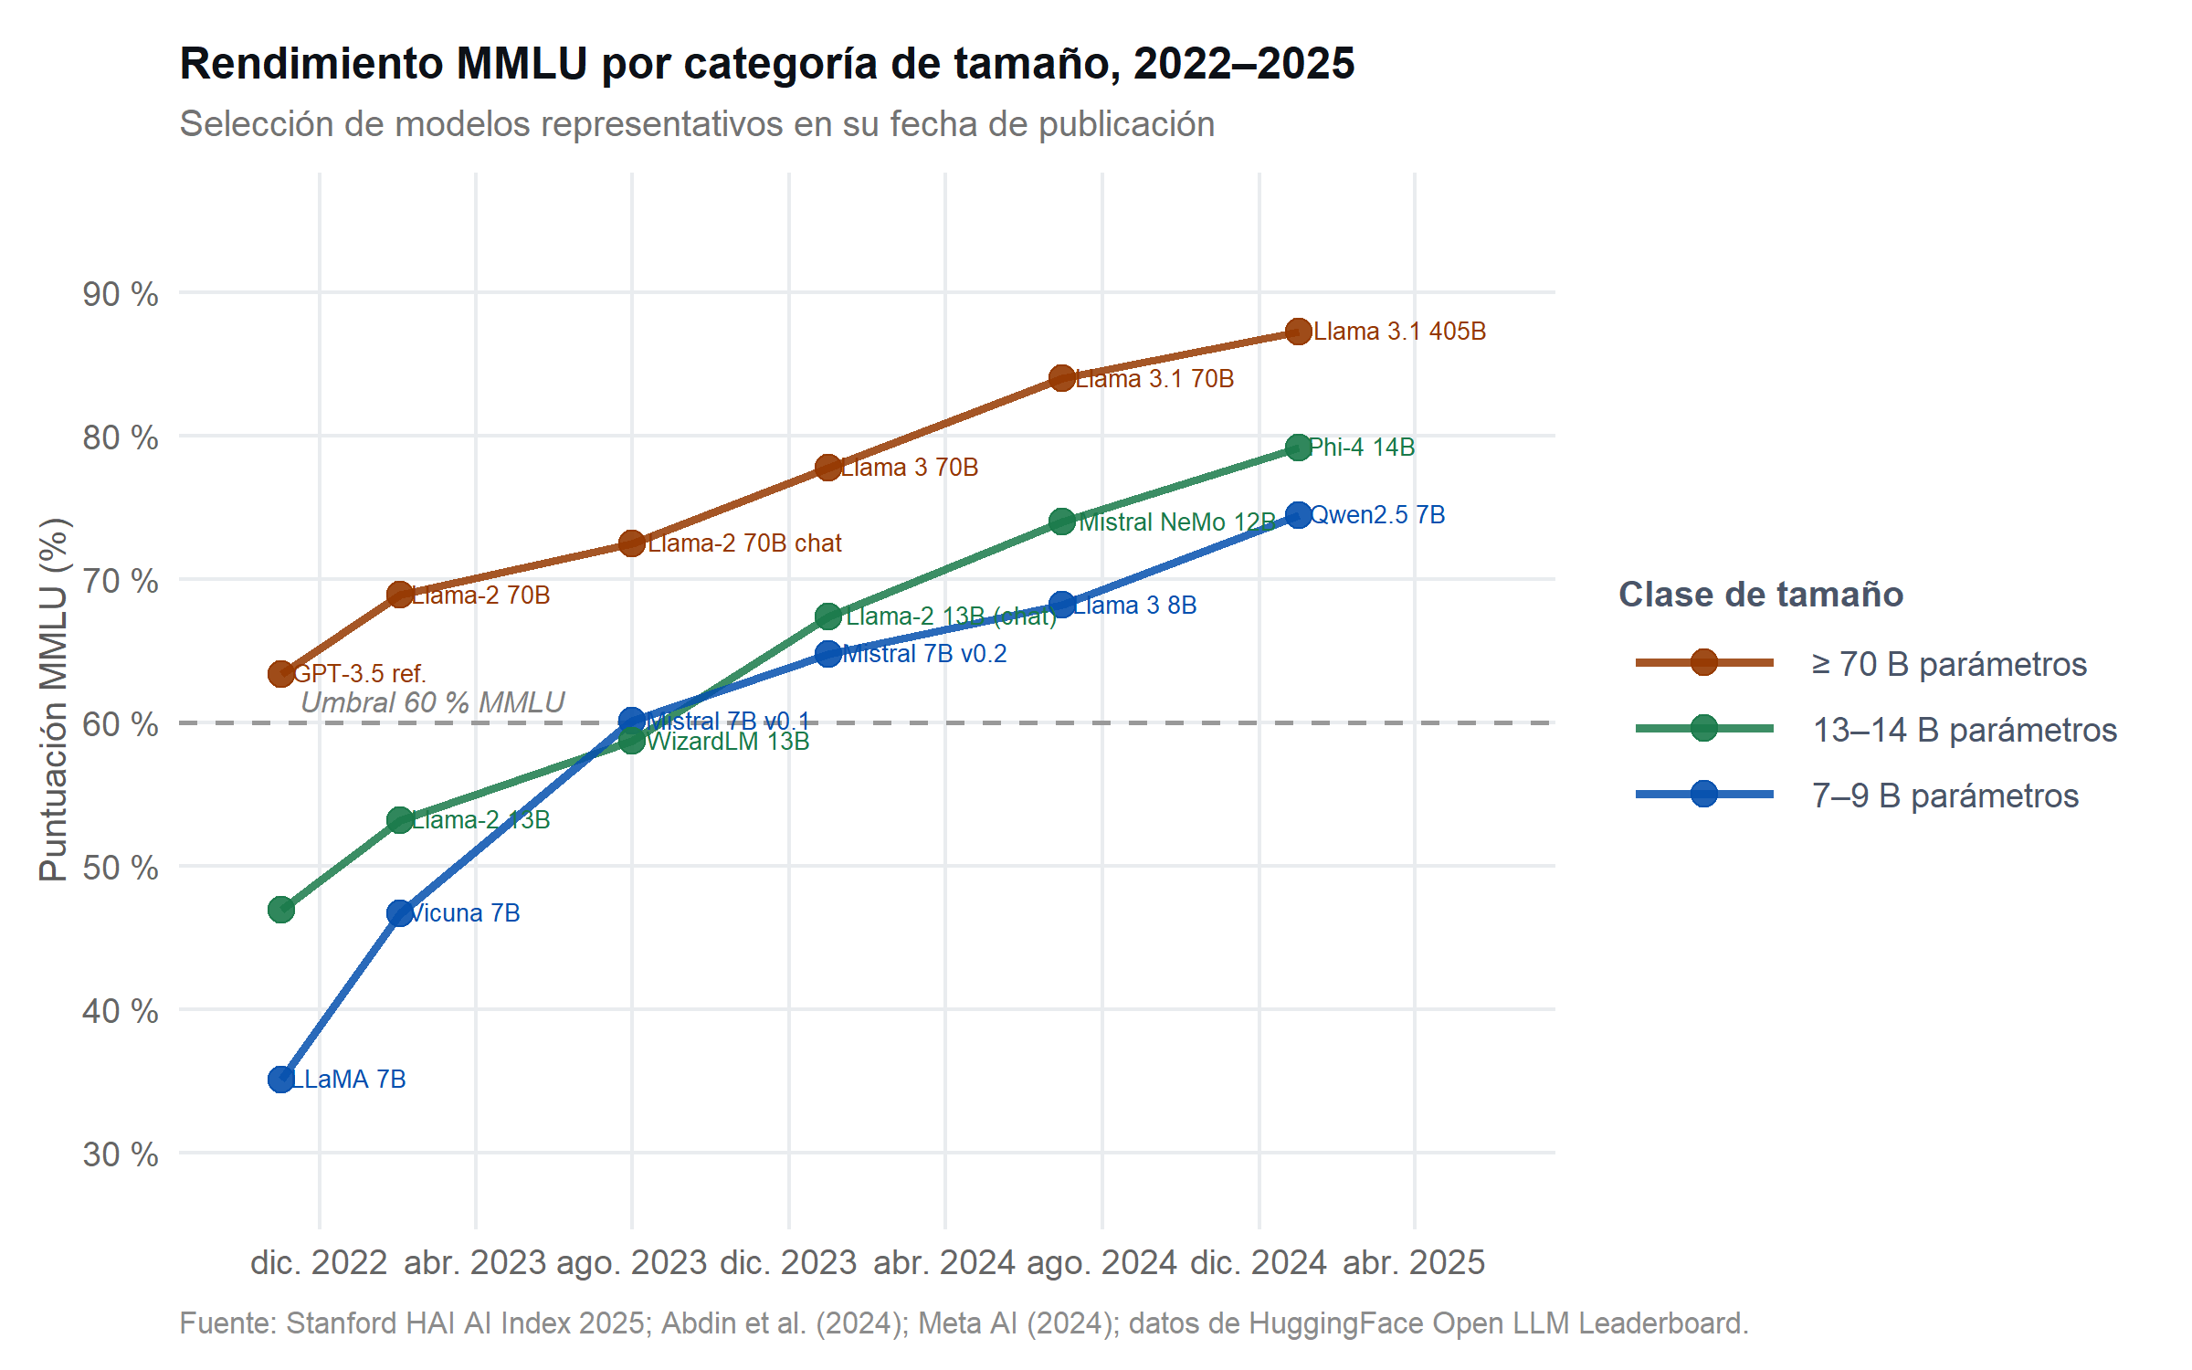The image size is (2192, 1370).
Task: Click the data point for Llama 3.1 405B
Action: pyautogui.click(x=1298, y=332)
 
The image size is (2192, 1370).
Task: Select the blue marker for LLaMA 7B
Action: pyautogui.click(x=281, y=1080)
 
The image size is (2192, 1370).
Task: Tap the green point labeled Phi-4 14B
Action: pyautogui.click(x=1298, y=448)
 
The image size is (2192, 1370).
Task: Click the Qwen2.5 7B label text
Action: pyautogui.click(x=1377, y=515)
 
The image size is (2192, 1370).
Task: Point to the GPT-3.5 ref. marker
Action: pyautogui.click(x=281, y=674)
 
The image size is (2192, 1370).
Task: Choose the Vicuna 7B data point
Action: pyautogui.click(x=399, y=913)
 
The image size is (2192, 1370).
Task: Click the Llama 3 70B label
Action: pyautogui.click(x=910, y=468)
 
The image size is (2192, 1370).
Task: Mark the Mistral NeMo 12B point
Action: pyautogui.click(x=1061, y=522)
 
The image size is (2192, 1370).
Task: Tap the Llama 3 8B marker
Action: pyautogui.click(x=1061, y=605)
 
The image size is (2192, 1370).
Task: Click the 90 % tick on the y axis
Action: pyautogui.click(x=121, y=294)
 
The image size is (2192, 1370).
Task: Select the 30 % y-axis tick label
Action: pyautogui.click(x=121, y=1154)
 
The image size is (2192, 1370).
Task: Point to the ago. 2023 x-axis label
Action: pyautogui.click(x=631, y=1263)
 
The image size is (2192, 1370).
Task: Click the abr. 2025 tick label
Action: pyautogui.click(x=1414, y=1263)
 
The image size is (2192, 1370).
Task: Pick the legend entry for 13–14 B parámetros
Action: pyautogui.click(x=1964, y=730)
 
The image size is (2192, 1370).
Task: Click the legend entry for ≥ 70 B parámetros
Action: pyautogui.click(x=1949, y=664)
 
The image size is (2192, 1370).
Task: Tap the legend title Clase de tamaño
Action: pyautogui.click(x=1761, y=595)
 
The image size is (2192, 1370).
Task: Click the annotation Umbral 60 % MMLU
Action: pyautogui.click(x=433, y=702)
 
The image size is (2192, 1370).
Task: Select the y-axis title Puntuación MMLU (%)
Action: pyautogui.click(x=54, y=700)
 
